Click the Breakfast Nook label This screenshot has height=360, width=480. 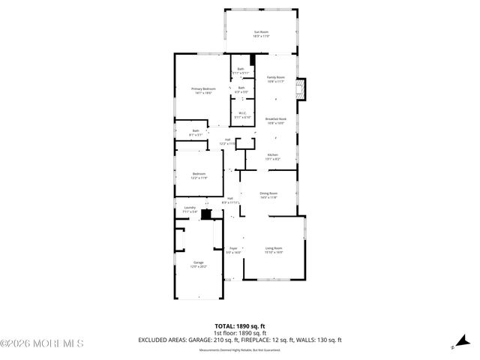(x=276, y=121)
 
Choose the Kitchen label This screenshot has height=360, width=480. (x=273, y=156)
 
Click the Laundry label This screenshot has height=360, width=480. (x=190, y=210)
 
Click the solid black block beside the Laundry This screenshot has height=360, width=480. (x=206, y=214)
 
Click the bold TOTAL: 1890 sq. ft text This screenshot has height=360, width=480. (x=239, y=325)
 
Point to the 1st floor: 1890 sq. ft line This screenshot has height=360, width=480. (x=239, y=332)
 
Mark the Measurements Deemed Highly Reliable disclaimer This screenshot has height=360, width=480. (x=239, y=349)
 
